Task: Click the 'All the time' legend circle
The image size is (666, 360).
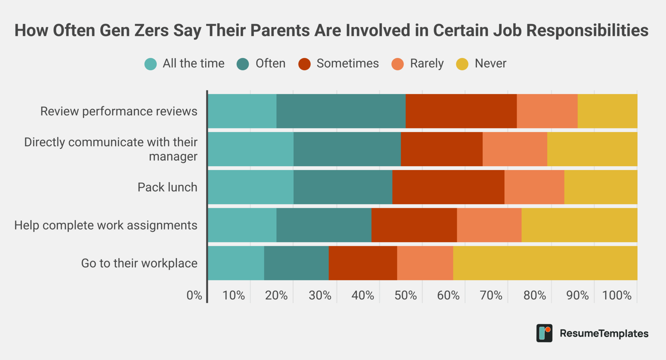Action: click(x=151, y=64)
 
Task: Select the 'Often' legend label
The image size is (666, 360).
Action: click(x=270, y=63)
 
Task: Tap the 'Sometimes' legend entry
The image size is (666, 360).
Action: click(x=347, y=63)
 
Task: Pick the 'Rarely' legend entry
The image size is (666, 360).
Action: click(x=426, y=63)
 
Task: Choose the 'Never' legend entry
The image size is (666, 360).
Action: click(x=490, y=63)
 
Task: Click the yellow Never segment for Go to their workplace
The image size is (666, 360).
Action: click(x=545, y=263)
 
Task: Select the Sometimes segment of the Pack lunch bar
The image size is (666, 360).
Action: click(x=448, y=187)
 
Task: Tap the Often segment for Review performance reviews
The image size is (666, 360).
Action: click(x=341, y=111)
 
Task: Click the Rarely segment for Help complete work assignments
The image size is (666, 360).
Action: click(x=489, y=225)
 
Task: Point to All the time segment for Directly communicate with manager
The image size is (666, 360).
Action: click(x=250, y=149)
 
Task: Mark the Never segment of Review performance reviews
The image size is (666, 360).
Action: click(x=607, y=111)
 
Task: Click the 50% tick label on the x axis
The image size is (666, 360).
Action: click(x=406, y=295)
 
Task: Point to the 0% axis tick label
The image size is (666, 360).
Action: click(x=194, y=295)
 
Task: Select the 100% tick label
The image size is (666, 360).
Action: click(x=617, y=295)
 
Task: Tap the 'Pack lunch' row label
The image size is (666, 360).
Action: click(x=167, y=187)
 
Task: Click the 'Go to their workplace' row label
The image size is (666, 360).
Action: click(x=139, y=263)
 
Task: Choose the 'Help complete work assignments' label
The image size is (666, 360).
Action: click(x=106, y=225)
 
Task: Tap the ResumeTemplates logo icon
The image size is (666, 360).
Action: click(x=544, y=333)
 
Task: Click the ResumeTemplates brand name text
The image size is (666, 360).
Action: click(x=604, y=333)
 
